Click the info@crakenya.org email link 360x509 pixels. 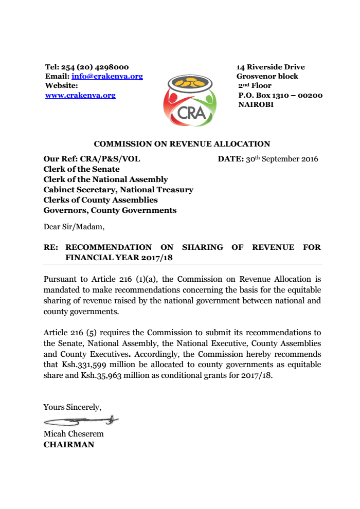[x=107, y=77]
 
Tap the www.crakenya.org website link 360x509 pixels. [x=80, y=96]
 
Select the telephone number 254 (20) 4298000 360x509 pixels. [x=95, y=67]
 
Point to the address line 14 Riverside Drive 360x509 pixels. [x=271, y=67]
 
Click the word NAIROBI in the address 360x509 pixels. [x=256, y=104]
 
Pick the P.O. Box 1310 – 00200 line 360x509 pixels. [x=280, y=95]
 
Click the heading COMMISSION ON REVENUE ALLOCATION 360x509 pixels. [x=182, y=144]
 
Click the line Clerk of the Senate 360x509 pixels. [x=81, y=169]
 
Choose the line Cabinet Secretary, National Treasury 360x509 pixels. [x=118, y=190]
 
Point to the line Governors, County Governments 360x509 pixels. [x=110, y=210]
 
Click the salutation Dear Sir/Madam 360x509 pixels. [x=74, y=226]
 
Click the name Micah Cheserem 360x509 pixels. [x=74, y=434]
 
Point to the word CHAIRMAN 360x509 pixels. [x=68, y=445]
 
